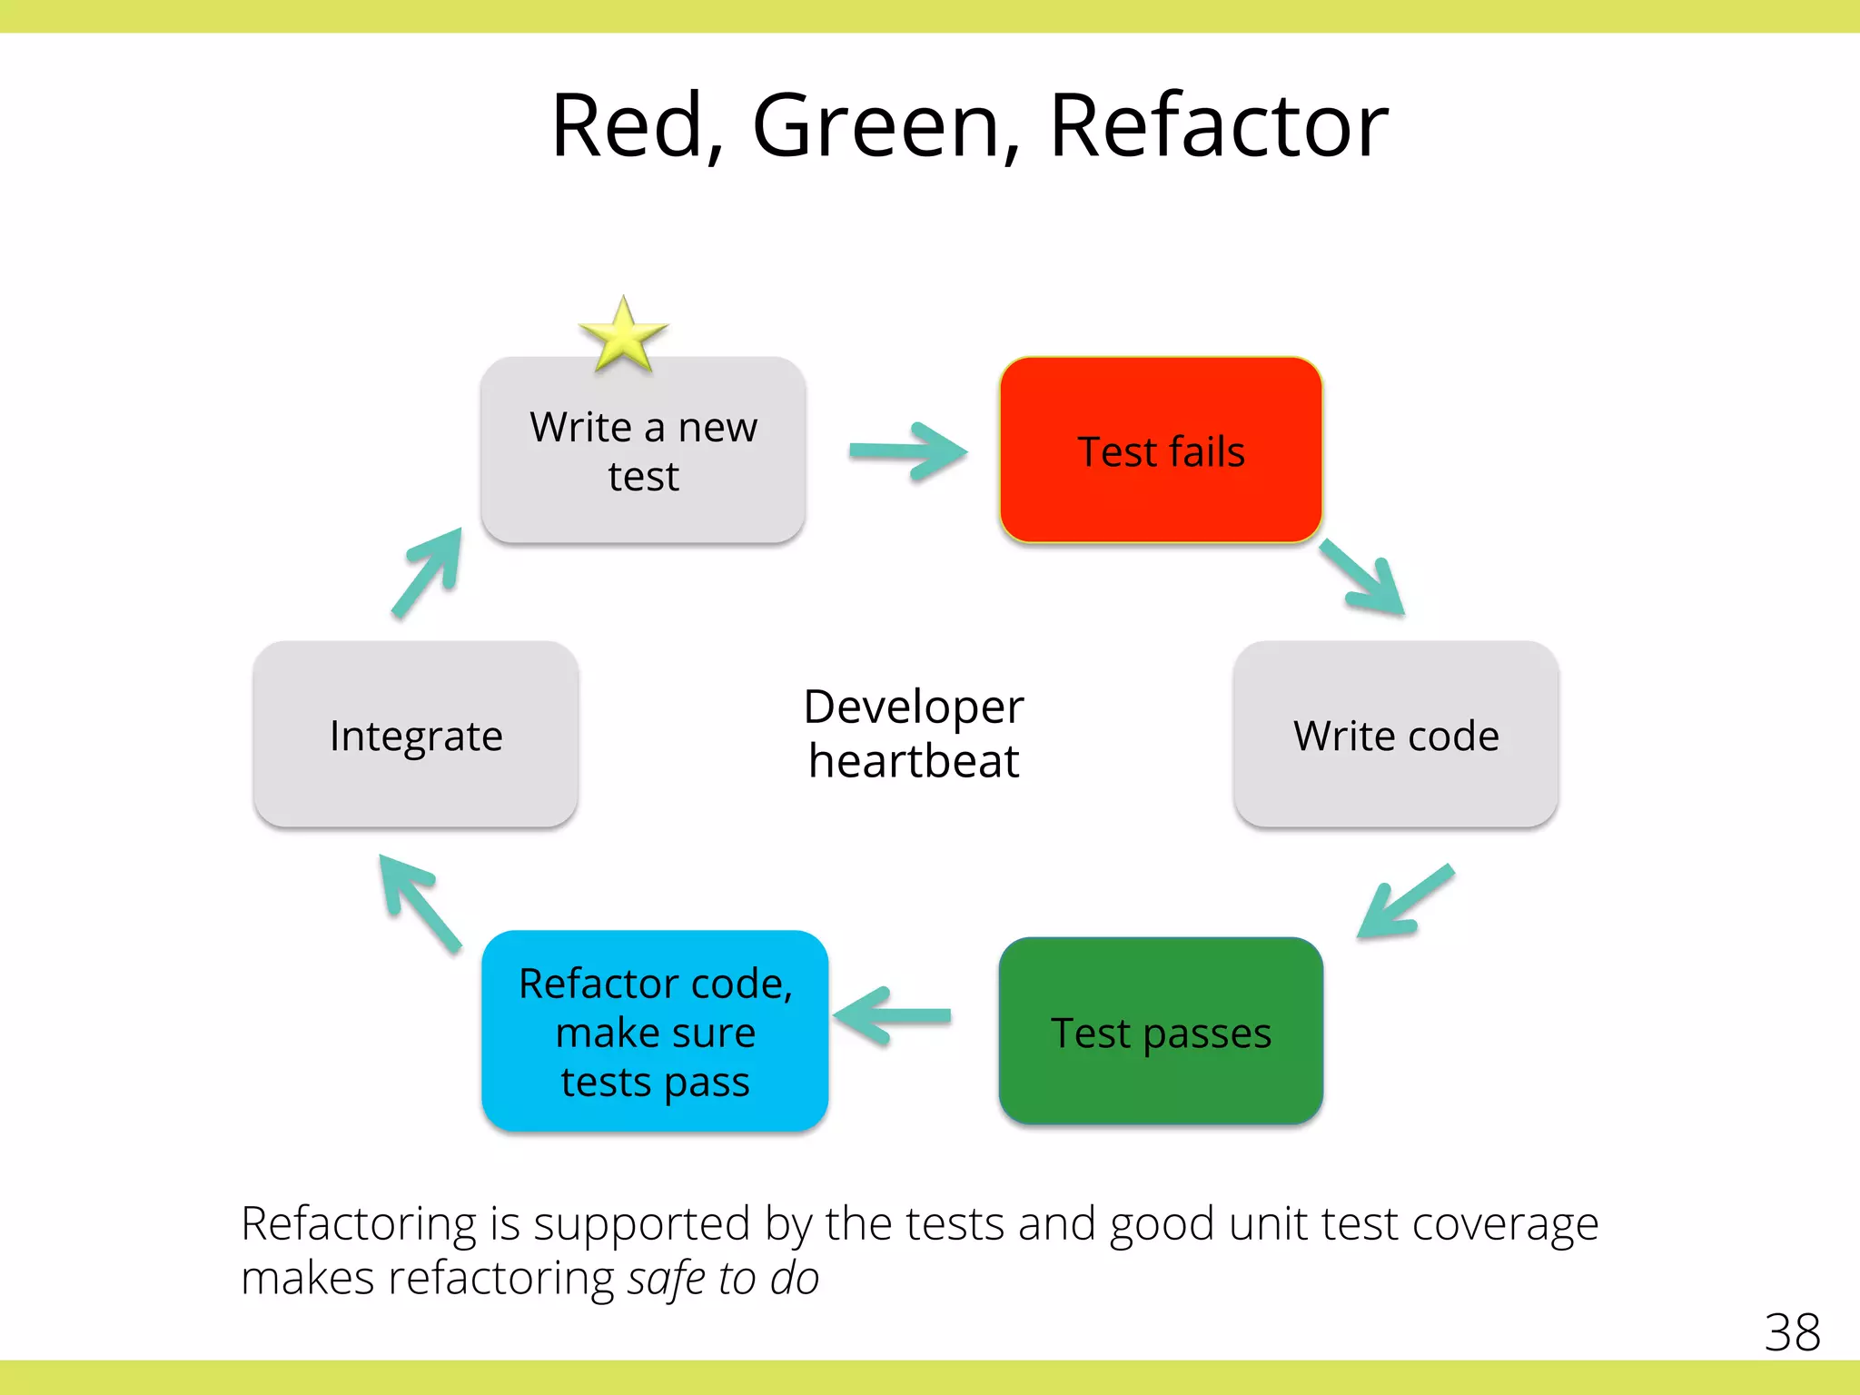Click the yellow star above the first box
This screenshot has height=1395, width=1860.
point(623,337)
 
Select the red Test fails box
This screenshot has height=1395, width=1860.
point(1160,450)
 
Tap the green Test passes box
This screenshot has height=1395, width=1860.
point(1160,1032)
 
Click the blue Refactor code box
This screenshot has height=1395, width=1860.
point(655,1032)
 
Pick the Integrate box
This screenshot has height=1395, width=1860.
point(416,735)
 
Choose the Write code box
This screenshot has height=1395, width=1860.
point(1396,735)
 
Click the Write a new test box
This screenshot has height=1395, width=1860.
point(643,450)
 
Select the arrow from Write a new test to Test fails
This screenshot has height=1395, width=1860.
point(908,451)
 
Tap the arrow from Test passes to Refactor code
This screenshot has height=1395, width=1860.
point(893,1016)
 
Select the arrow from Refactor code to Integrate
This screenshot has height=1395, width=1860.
point(420,903)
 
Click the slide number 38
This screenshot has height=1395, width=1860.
point(1792,1332)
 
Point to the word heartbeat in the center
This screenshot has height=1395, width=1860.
point(914,761)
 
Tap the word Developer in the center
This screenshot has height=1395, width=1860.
point(914,707)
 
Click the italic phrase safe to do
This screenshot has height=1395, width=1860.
point(723,1278)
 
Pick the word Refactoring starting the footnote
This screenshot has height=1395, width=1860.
point(358,1223)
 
